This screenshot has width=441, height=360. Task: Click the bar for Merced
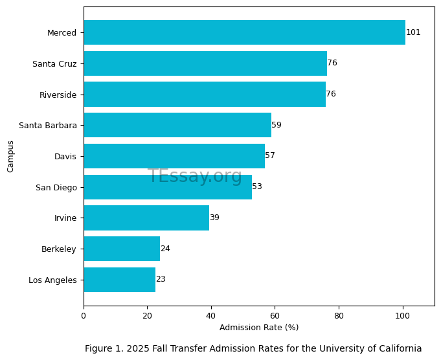[244, 32]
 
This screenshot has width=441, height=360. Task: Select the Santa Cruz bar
[205, 63]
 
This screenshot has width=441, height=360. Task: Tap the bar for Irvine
[146, 218]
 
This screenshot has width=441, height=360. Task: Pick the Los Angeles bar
[119, 280]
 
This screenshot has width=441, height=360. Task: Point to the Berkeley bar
[122, 249]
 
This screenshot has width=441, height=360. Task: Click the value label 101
[413, 32]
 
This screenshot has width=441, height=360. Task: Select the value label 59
[277, 125]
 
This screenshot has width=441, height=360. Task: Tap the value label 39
[214, 218]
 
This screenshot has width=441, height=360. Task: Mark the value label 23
[161, 279]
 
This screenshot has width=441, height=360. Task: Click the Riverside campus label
[58, 95]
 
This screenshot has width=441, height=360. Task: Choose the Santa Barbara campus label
[48, 126]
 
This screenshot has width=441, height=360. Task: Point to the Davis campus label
[65, 156]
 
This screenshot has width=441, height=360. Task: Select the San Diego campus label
[56, 187]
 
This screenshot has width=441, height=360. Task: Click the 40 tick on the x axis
[211, 316]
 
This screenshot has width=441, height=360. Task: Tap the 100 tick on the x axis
[403, 316]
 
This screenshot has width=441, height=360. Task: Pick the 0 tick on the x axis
[84, 316]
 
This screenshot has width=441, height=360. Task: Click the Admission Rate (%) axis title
[259, 328]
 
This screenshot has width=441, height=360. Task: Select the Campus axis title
[10, 156]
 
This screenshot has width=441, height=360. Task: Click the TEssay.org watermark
[195, 176]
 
